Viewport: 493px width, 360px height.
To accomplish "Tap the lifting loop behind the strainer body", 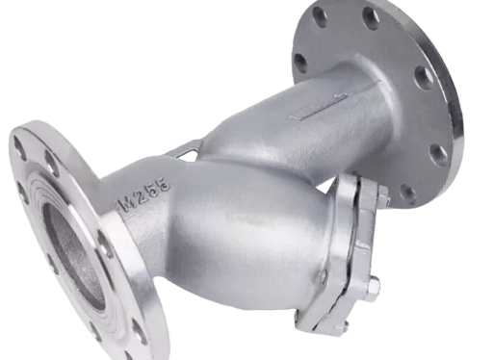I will click(185, 150).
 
